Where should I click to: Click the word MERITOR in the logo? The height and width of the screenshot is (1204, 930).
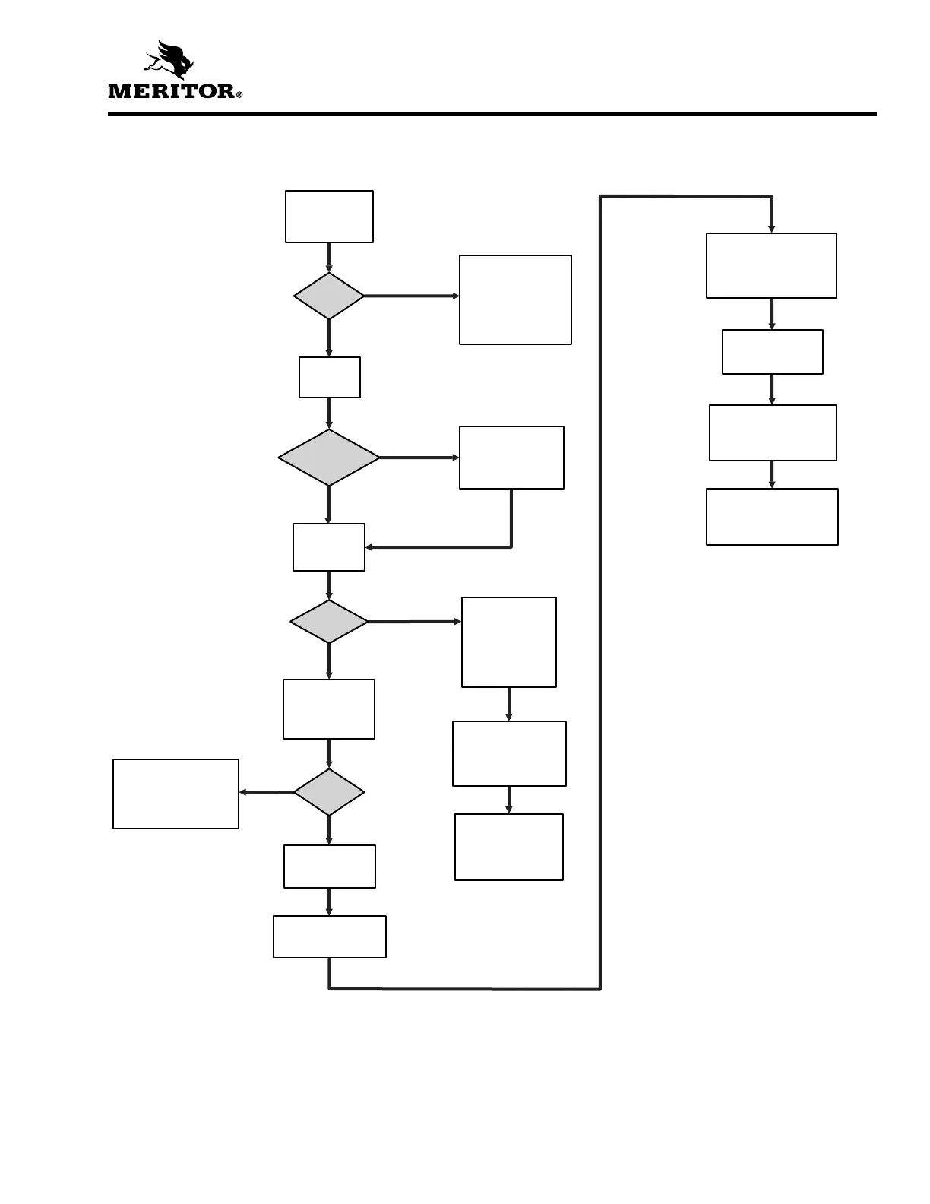(172, 91)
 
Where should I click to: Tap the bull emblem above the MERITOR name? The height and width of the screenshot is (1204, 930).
(173, 60)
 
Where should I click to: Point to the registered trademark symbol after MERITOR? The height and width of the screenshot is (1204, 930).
(239, 95)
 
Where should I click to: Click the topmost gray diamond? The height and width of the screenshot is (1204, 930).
(329, 296)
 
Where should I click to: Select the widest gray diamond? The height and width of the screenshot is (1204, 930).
(329, 458)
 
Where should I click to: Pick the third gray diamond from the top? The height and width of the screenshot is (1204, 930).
(329, 622)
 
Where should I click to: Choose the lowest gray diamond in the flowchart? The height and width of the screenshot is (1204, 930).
(329, 792)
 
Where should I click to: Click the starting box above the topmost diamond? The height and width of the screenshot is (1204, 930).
(329, 217)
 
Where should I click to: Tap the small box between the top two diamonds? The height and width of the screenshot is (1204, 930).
(330, 377)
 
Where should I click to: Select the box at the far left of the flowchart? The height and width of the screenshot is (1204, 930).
(176, 794)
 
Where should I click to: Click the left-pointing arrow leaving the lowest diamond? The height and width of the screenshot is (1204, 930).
(266, 792)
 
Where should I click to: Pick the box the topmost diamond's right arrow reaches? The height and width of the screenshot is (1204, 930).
(515, 299)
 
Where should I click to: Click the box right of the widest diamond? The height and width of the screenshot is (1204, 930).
(511, 457)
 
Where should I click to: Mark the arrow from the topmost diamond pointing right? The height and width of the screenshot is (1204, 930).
(411, 296)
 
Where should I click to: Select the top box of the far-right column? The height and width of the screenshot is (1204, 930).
(771, 265)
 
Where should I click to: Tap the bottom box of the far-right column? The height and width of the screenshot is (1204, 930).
(772, 517)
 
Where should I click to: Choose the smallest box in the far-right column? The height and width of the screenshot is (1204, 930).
(772, 352)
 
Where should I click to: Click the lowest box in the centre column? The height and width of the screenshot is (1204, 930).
(330, 936)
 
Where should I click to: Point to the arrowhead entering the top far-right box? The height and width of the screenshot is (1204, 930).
(772, 227)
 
